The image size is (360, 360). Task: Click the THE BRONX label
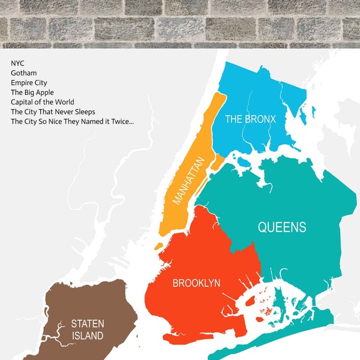click(x=250, y=119)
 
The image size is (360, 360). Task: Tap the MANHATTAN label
click(x=188, y=179)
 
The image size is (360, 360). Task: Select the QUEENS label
click(x=282, y=227)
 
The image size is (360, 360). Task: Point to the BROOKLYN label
click(x=196, y=283)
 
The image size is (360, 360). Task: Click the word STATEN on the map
click(x=87, y=324)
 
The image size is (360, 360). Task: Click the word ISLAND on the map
click(x=87, y=335)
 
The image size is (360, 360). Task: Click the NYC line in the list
click(x=17, y=63)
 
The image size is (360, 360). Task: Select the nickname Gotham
click(x=23, y=73)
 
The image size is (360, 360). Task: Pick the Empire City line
click(x=29, y=82)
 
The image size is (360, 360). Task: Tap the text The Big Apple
click(x=32, y=92)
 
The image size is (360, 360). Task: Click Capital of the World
click(x=42, y=102)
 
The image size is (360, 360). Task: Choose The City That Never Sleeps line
click(x=53, y=112)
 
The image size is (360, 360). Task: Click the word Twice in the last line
click(x=121, y=121)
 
